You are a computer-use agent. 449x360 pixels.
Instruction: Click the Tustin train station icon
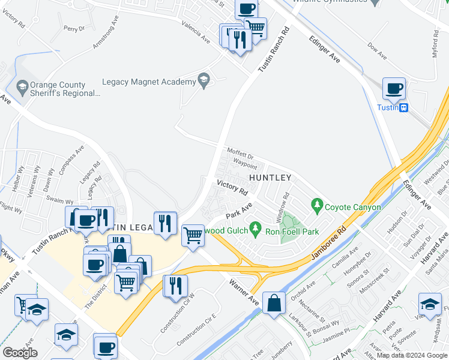(x=405, y=107)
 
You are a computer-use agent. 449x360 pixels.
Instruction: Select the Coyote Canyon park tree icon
(x=317, y=207)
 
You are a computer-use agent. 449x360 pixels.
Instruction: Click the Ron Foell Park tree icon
(x=256, y=228)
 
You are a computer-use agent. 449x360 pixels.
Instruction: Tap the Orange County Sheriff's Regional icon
(x=23, y=88)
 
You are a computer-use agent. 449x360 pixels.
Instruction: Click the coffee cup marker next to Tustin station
(x=394, y=89)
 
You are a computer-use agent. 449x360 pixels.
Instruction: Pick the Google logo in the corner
(x=20, y=353)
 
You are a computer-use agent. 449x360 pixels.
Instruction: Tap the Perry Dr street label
(x=74, y=28)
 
